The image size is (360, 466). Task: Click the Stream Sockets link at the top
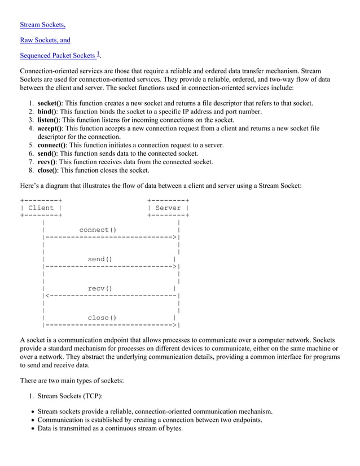pyautogui.click(x=42, y=25)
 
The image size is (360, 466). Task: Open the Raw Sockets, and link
pyautogui.click(x=45, y=40)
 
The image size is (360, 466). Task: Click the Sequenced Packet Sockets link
pyautogui.click(x=57, y=55)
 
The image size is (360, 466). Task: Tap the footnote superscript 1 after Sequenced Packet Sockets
pyautogui.click(x=98, y=54)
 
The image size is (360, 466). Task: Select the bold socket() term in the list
pyautogui.click(x=50, y=103)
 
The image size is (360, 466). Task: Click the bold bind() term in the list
pyautogui.click(x=47, y=112)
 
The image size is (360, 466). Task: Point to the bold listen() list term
pyautogui.click(x=48, y=120)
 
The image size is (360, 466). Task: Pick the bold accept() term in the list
pyautogui.click(x=50, y=129)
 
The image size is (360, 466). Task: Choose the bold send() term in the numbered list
pyautogui.click(x=47, y=153)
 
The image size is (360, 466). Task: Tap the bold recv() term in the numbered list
pyautogui.click(x=47, y=162)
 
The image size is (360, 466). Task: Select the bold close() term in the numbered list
pyautogui.click(x=48, y=170)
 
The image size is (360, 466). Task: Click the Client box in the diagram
pyautogui.click(x=41, y=208)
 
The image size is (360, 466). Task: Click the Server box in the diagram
pyautogui.click(x=168, y=208)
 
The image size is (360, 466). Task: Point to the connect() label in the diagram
pyautogui.click(x=98, y=230)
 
